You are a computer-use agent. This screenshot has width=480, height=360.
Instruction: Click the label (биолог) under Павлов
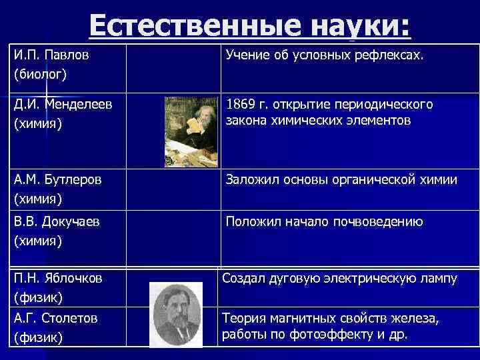coord(39,73)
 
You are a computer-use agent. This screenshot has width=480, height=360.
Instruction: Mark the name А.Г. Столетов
coord(55,319)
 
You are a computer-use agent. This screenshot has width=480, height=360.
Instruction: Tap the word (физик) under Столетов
coord(38,338)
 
